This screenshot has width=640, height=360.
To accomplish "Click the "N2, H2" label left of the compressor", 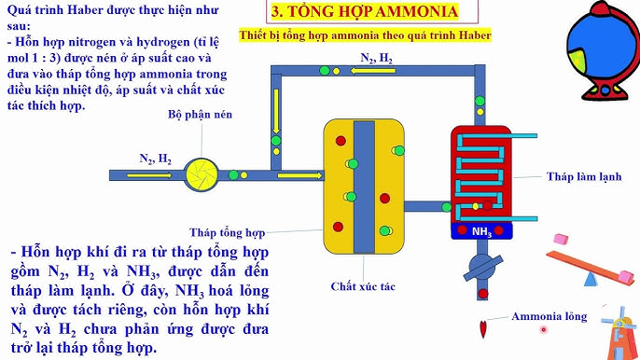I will [155, 159].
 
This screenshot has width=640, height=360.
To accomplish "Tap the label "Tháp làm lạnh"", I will [585, 176].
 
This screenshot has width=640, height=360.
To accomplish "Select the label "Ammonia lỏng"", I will [549, 316].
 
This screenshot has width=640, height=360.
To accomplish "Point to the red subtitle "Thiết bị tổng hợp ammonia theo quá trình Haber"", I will [378, 35].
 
